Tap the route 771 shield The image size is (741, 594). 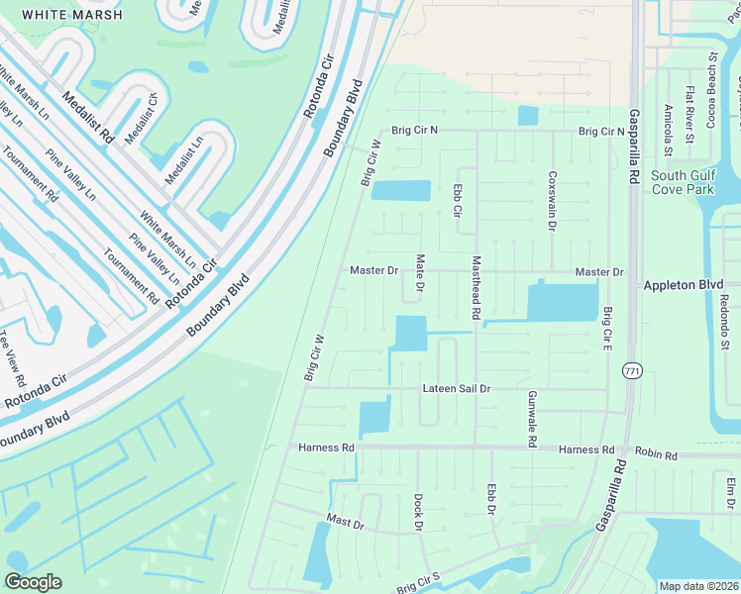pyautogui.click(x=630, y=370)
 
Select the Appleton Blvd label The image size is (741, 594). pyautogui.click(x=685, y=284)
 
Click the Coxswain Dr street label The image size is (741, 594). pyautogui.click(x=552, y=199)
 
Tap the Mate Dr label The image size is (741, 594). pyautogui.click(x=420, y=273)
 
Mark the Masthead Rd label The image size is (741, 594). pyautogui.click(x=476, y=288)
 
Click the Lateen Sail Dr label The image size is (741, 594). pyautogui.click(x=456, y=389)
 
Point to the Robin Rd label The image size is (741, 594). pyautogui.click(x=657, y=455)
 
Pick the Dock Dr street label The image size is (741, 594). pyautogui.click(x=419, y=512)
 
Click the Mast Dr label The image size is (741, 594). pyautogui.click(x=346, y=520)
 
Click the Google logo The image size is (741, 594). pyautogui.click(x=34, y=582)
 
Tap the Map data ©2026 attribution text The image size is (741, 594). pyautogui.click(x=697, y=586)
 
